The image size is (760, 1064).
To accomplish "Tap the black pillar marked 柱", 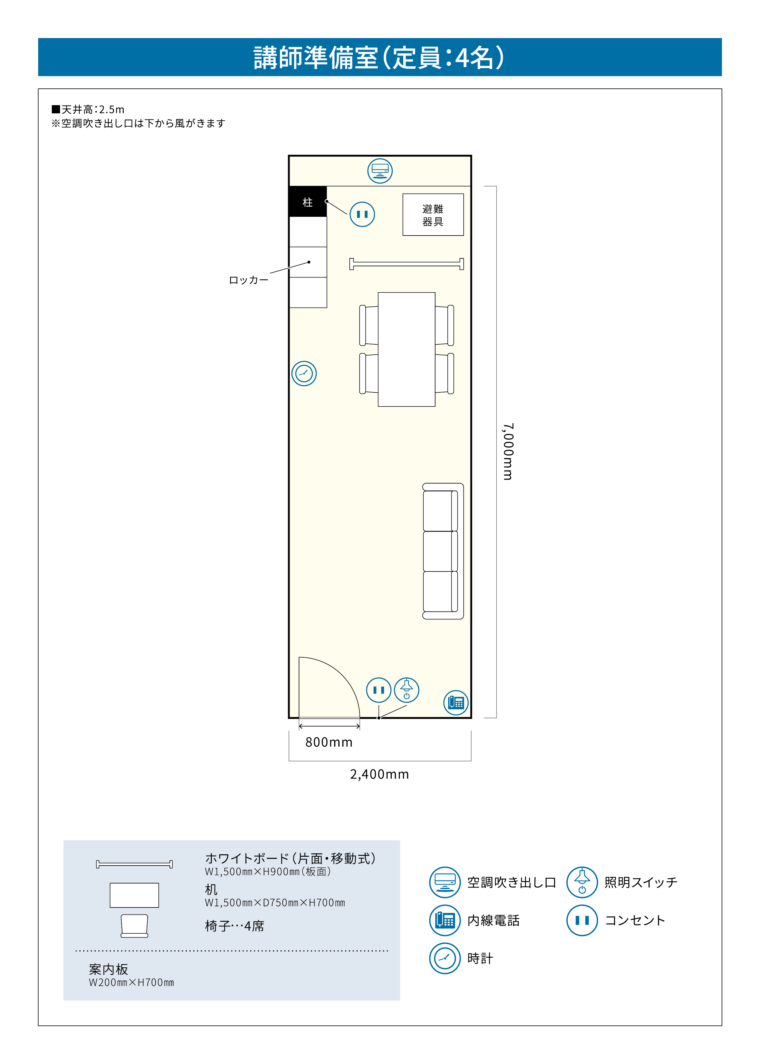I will (308, 202).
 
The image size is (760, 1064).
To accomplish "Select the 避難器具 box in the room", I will (433, 215).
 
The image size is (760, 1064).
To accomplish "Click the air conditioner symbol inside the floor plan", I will (380, 171).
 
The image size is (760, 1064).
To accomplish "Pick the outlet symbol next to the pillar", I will (362, 214).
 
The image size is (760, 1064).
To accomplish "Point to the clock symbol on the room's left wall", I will (304, 374).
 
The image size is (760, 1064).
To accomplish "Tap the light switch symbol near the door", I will (406, 690).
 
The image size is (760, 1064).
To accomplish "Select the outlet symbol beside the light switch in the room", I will (379, 690).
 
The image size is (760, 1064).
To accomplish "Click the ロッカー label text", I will (249, 280).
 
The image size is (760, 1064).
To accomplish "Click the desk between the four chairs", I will (406, 349).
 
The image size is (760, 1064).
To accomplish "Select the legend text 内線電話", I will (493, 920).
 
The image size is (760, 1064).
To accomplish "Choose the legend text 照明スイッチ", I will (641, 882).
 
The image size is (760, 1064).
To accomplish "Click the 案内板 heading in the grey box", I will (108, 969).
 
